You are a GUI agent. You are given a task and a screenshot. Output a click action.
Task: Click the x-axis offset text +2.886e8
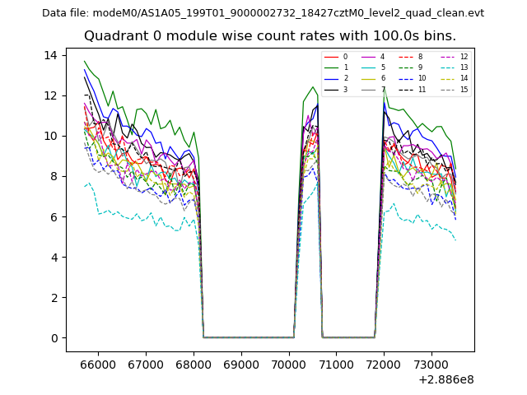(446, 379)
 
